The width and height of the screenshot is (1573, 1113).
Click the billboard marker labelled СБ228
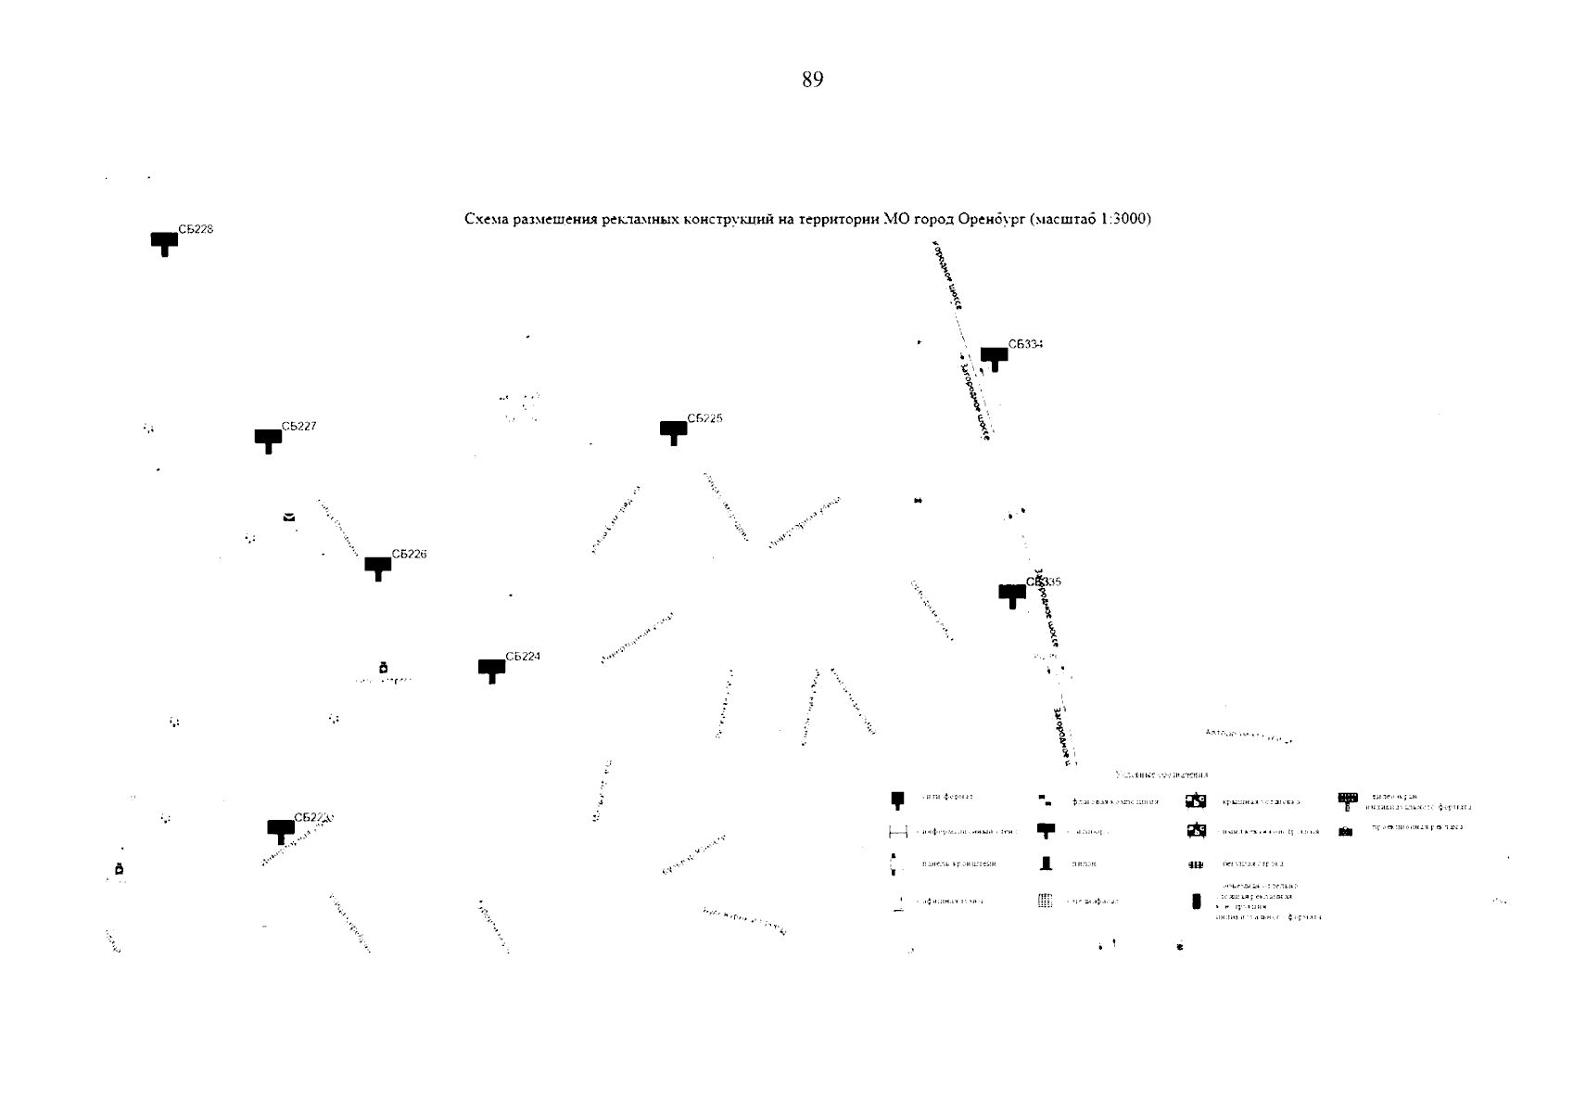point(164,242)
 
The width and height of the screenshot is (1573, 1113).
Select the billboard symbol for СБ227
point(268,439)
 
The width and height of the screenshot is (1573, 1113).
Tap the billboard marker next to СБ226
point(377,567)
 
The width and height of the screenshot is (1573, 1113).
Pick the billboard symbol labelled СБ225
point(673,431)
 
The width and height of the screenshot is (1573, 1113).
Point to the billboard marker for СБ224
point(491,670)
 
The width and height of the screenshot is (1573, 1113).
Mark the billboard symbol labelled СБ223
point(281,830)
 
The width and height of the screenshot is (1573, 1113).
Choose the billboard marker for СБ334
point(994,357)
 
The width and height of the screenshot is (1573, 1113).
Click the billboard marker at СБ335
point(1011,595)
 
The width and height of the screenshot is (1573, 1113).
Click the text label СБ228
point(196,229)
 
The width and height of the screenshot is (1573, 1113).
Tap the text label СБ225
point(704,418)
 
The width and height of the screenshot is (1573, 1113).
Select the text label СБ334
point(1025,344)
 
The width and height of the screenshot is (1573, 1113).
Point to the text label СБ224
point(523,657)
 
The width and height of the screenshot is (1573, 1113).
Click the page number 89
point(812,80)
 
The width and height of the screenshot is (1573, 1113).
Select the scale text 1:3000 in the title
point(1122,220)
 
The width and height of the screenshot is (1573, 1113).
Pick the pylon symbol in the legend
point(1047,864)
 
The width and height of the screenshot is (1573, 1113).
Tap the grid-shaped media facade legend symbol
point(1046,901)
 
